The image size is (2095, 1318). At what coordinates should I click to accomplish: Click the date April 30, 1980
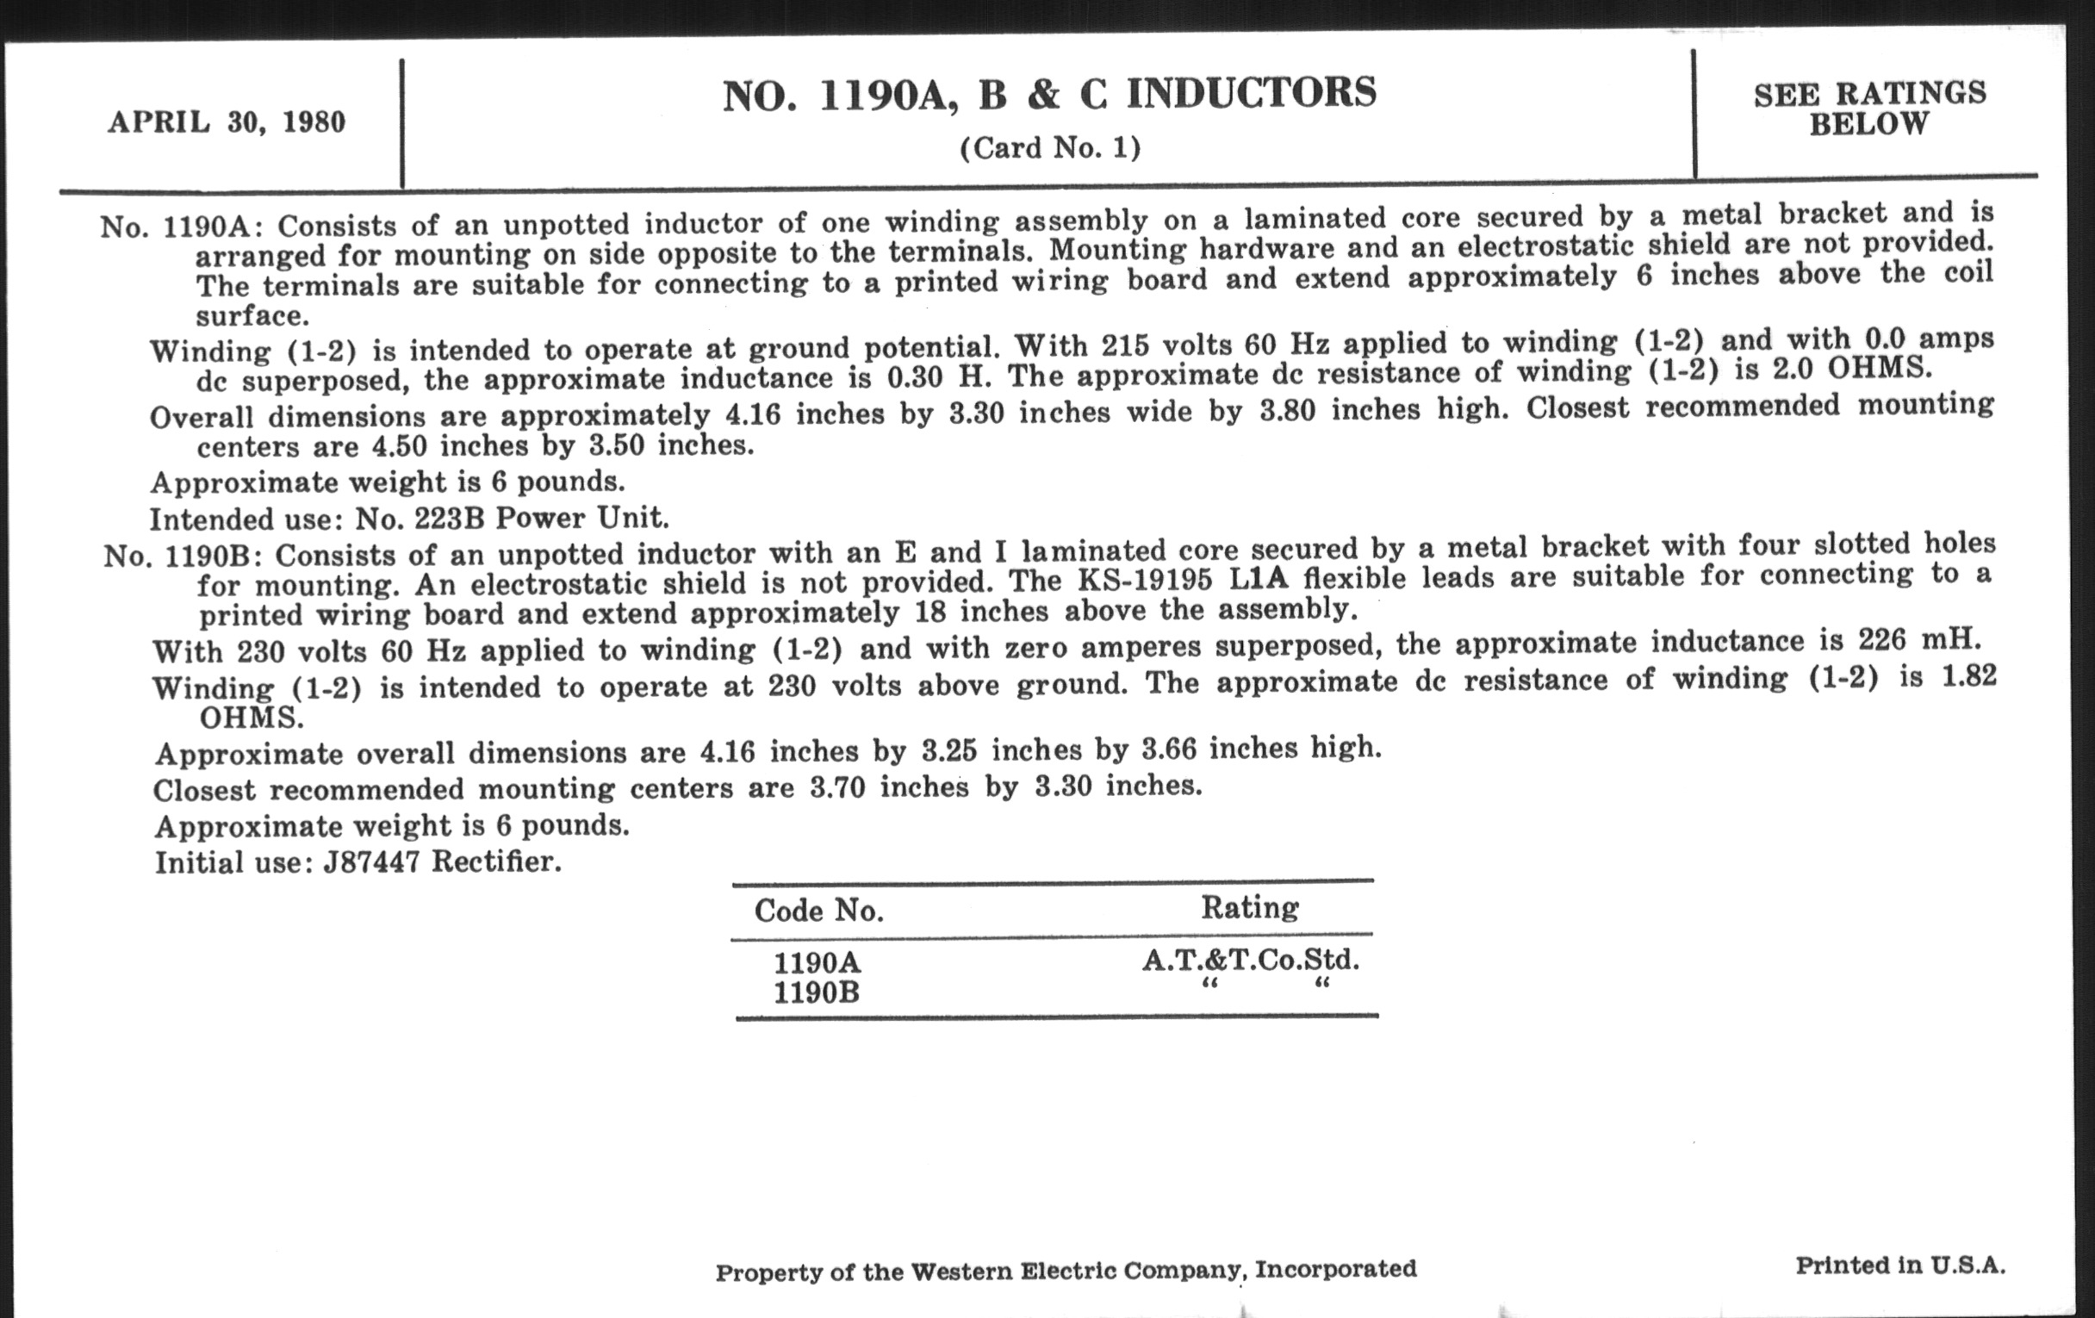coord(227,121)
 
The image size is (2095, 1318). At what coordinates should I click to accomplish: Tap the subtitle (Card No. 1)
coord(1049,148)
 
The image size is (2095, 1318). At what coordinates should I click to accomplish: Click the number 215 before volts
coord(1128,345)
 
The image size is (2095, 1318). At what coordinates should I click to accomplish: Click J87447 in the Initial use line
coord(371,862)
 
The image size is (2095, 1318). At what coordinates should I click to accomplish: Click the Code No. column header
coord(818,910)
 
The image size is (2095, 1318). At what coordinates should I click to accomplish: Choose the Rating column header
coord(1249,906)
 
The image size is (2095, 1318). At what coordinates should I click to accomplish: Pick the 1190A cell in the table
coord(817,962)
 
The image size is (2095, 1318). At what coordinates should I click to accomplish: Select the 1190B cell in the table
coord(816,992)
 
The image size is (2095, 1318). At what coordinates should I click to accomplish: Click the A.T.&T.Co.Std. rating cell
coord(1250,960)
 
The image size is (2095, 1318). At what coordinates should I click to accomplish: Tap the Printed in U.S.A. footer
coord(1900,1265)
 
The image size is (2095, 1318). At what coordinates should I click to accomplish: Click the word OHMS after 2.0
coord(1878,369)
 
